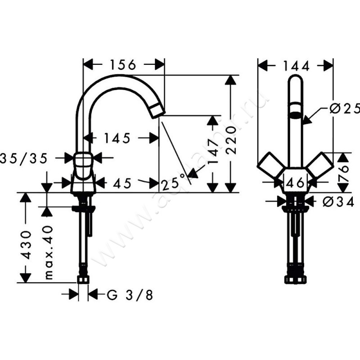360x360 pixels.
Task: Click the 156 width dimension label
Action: tap(122, 64)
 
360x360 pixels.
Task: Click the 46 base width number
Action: tap(295, 182)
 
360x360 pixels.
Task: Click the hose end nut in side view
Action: tap(83, 280)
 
